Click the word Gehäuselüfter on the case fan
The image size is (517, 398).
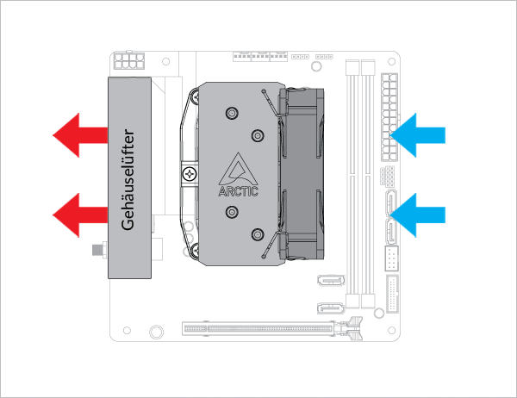click(128, 177)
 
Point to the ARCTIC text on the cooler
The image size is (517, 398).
click(238, 190)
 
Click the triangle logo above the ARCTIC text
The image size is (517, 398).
click(238, 168)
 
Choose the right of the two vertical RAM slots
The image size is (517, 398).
click(370, 185)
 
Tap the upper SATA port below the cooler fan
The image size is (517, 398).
click(331, 282)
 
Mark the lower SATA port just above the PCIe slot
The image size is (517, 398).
click(328, 309)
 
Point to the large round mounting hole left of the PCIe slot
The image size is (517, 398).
click(156, 332)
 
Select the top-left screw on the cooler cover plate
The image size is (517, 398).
click(231, 113)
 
